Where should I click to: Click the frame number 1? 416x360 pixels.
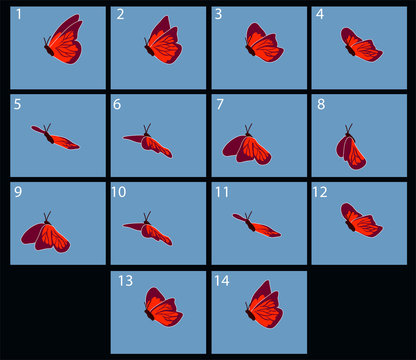18,14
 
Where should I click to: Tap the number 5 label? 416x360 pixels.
18,102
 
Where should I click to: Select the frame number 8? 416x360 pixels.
319,102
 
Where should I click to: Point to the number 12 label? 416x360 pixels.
320,190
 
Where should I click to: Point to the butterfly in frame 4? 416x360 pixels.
360,44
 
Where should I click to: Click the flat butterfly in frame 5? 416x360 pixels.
56,137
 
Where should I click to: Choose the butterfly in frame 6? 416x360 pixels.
147,143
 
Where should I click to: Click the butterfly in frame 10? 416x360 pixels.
148,230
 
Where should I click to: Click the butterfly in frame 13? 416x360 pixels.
162,309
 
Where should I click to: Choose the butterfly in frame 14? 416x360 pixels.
262,305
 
